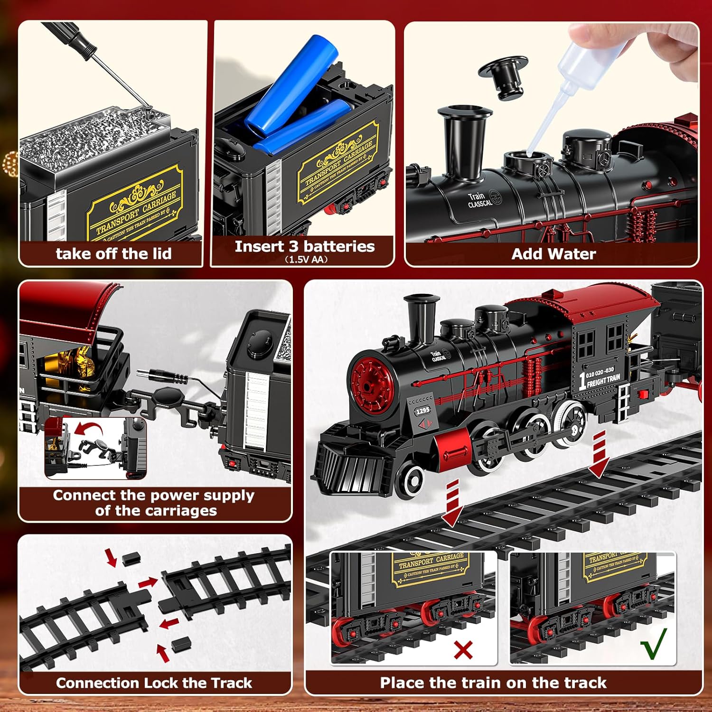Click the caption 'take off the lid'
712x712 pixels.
(x=113, y=253)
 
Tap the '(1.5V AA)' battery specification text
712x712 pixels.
(x=306, y=260)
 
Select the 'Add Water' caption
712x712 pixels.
(x=553, y=254)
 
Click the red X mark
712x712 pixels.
(x=463, y=650)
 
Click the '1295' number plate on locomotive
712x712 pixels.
(x=422, y=410)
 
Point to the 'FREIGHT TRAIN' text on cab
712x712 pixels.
(x=603, y=380)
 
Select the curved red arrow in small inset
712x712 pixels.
(x=89, y=430)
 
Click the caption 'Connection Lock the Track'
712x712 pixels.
(x=154, y=683)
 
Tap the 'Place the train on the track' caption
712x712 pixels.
(x=493, y=683)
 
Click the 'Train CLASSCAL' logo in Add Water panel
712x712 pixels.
(x=480, y=200)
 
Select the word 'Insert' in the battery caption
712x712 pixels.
(x=259, y=246)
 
